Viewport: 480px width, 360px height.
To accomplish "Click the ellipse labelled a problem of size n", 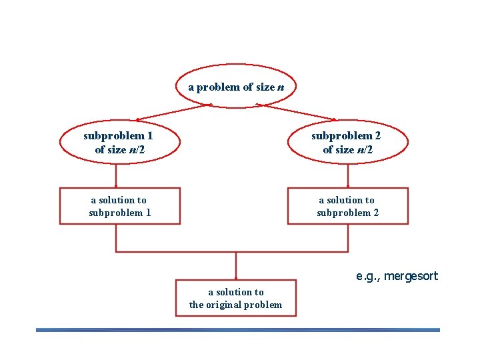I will [x=236, y=87].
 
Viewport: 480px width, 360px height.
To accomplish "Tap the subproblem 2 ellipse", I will [x=348, y=143].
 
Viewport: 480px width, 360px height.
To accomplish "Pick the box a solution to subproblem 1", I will [x=120, y=206].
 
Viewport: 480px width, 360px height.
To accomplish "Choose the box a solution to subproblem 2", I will [x=347, y=206].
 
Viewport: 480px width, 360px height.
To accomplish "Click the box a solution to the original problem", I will [x=236, y=297].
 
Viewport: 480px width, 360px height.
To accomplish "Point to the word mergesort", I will [x=411, y=276].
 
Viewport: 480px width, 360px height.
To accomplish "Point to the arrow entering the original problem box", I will [x=236, y=267].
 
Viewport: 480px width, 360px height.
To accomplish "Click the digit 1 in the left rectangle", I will [x=148, y=213].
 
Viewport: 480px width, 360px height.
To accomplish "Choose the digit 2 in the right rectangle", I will [x=376, y=213].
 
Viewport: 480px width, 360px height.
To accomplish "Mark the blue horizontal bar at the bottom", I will [x=238, y=329].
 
